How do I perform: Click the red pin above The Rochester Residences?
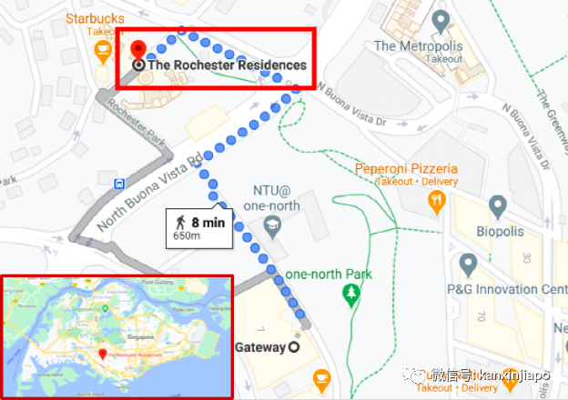138,50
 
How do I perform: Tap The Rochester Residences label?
227,65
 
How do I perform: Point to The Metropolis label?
418,45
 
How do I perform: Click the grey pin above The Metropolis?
441,20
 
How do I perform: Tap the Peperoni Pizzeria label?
406,168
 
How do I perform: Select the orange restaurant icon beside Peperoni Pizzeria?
438,200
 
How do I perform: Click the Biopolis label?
501,231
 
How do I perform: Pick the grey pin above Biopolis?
497,206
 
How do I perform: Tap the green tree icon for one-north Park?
349,294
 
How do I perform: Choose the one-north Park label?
329,275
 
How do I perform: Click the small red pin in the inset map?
104,352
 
